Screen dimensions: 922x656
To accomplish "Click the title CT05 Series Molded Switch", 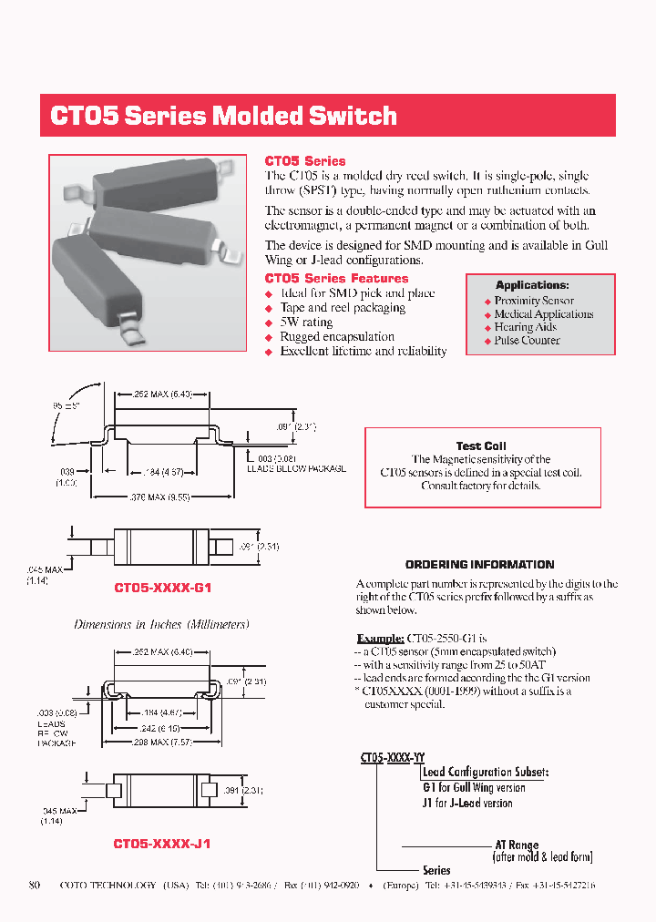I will click(x=223, y=117).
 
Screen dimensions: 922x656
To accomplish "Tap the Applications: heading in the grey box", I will click(x=532, y=285).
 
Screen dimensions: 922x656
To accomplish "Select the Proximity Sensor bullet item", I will click(x=534, y=301).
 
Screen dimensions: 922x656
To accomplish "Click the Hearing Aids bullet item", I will click(x=525, y=327).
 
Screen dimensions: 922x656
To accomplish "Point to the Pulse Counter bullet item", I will click(x=527, y=341).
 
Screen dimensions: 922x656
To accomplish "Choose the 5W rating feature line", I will click(x=306, y=323).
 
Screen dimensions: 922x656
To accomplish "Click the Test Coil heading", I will click(x=481, y=446).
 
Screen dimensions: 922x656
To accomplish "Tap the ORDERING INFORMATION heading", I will click(x=479, y=565).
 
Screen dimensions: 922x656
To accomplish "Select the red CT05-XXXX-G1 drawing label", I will click(x=162, y=589).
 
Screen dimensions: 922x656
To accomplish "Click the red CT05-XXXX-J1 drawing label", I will click(x=162, y=845).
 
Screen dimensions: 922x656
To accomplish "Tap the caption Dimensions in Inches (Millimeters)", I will click(x=161, y=625).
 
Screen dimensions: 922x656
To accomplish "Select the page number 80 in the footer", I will click(x=35, y=885).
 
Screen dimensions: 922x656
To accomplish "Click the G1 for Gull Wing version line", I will click(x=474, y=788).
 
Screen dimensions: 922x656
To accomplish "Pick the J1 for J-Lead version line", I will click(x=467, y=804).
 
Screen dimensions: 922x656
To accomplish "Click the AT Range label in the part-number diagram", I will click(x=517, y=845).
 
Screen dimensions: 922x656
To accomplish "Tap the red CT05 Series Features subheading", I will click(x=336, y=278).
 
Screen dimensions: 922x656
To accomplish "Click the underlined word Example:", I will click(x=379, y=639).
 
